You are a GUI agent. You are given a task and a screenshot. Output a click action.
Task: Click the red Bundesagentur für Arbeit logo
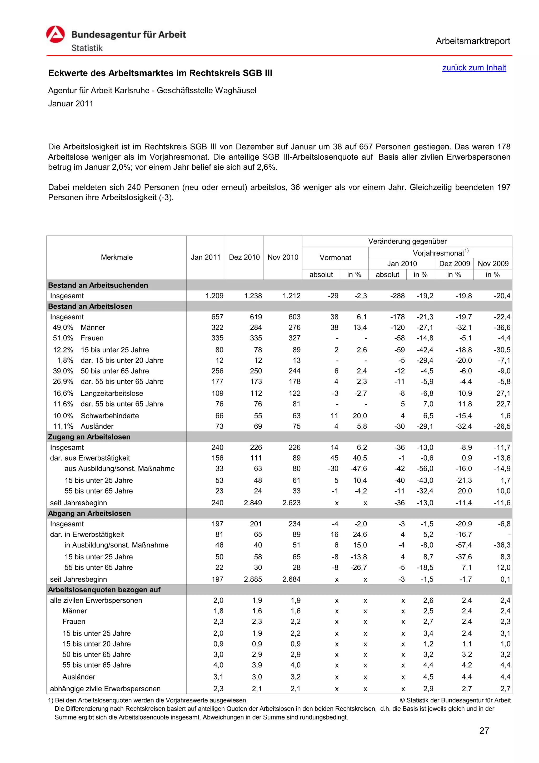pos(56,35)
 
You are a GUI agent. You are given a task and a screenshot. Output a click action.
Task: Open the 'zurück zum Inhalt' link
pos(474,68)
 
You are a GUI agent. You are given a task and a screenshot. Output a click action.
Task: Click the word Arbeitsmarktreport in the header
pos(473,41)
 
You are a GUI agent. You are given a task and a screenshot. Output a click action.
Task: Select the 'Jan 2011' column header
pos(206,257)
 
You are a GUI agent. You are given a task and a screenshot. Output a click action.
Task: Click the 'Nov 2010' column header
pos(283,257)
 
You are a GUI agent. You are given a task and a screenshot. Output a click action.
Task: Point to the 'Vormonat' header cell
pos(335,258)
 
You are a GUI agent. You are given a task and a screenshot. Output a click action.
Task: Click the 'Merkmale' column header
pos(117,257)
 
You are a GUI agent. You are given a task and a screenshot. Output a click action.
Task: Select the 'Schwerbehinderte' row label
pos(109,416)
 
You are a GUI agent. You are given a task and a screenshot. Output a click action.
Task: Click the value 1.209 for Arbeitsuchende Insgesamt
pos(214,296)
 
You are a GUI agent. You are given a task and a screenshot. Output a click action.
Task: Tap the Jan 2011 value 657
pos(217,317)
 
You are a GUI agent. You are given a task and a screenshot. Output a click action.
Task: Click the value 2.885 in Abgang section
pos(253,579)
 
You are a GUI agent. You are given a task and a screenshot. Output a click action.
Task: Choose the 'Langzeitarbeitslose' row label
pos(112,393)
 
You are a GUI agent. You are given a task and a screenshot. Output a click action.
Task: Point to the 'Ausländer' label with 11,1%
pos(97,426)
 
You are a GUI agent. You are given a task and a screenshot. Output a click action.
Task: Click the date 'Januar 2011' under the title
pos(71,104)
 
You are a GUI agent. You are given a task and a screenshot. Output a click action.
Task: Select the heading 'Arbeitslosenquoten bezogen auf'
pos(104,590)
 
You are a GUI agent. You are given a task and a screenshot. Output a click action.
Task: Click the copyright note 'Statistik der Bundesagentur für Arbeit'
pos(458,700)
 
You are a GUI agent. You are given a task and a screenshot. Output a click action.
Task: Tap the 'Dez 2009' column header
pos(454,263)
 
